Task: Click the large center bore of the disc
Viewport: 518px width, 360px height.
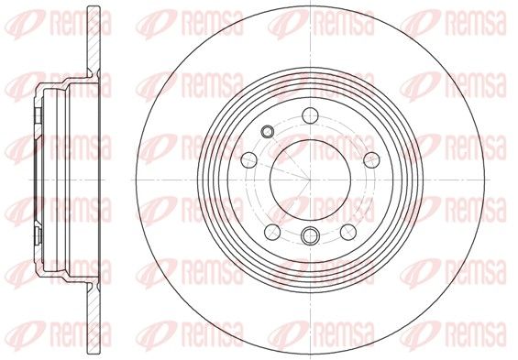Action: click(x=310, y=180)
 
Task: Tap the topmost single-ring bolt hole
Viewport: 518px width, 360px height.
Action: click(x=310, y=115)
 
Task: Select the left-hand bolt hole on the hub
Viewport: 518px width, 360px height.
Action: click(x=249, y=160)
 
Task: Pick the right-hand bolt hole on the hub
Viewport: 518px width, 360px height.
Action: click(x=371, y=160)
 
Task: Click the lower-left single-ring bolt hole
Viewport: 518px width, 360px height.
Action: click(x=272, y=232)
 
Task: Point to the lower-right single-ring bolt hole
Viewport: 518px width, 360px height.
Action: click(x=348, y=232)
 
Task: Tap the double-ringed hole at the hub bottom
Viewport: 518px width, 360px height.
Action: click(x=310, y=235)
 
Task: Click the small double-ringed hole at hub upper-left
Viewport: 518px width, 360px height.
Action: click(x=267, y=132)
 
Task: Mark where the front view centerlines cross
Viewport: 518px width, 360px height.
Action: click(x=310, y=180)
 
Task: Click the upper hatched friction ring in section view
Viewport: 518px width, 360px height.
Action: click(x=94, y=39)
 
